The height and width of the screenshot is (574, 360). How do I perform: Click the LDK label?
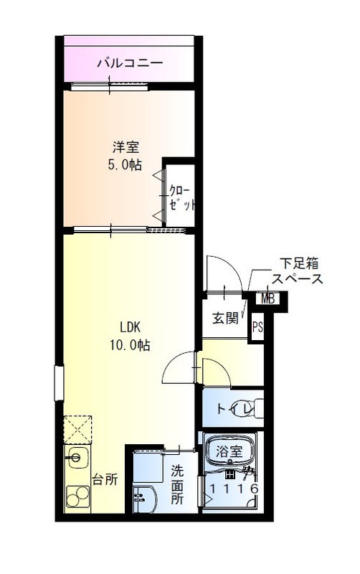(129, 327)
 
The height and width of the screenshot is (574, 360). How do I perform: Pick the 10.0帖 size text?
(129, 345)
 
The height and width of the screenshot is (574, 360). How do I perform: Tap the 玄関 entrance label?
(224, 317)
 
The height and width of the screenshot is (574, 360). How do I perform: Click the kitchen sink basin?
(76, 456)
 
